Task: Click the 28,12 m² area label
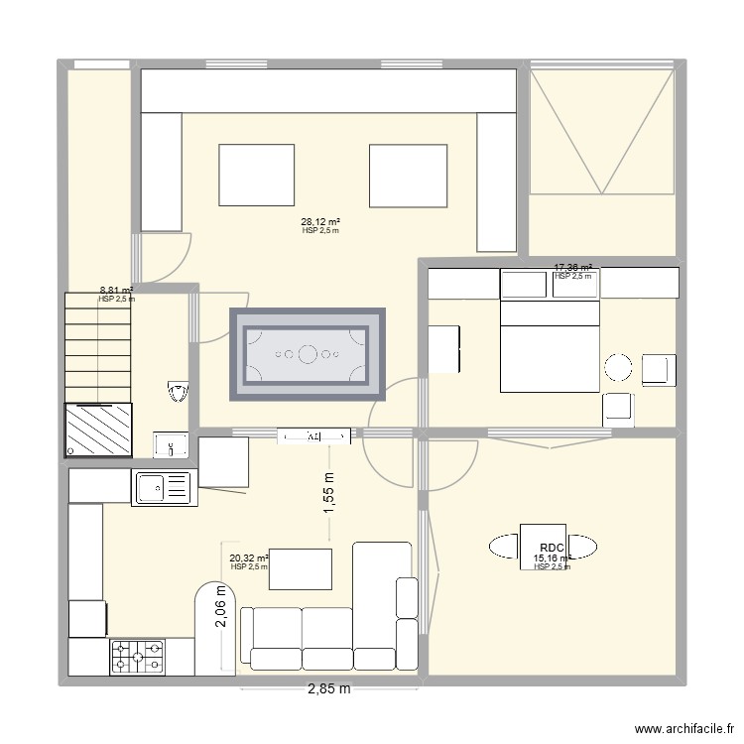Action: coord(320,222)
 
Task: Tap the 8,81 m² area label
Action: coord(116,292)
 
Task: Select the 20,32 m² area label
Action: coord(249,558)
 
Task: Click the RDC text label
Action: coord(552,548)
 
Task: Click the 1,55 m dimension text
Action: coord(329,493)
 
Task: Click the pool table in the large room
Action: coord(308,353)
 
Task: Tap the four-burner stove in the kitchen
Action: coord(138,656)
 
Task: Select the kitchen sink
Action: coord(162,486)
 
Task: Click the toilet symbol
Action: coord(179,393)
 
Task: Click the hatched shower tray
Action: coord(98,429)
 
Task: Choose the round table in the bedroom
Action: coord(619,367)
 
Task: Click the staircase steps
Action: coord(98,345)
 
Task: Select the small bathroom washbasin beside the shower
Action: coord(171,444)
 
